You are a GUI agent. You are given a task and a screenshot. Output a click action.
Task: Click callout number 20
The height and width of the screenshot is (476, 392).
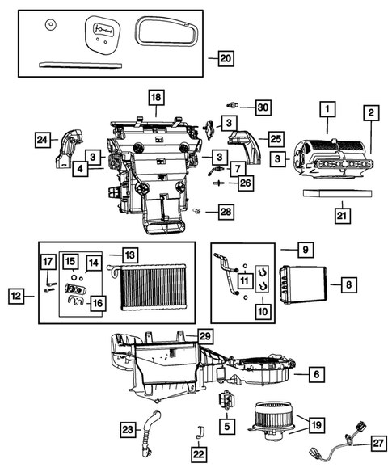(225, 58)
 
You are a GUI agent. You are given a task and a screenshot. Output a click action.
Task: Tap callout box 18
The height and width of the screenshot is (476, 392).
(154, 97)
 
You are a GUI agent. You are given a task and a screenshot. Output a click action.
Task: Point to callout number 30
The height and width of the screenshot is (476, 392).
(262, 107)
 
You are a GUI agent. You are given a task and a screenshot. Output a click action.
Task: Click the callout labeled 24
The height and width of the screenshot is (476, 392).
(42, 141)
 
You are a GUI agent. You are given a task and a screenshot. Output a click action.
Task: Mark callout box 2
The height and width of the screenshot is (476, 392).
(369, 112)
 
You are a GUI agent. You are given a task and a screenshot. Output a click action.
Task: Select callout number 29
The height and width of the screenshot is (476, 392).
(205, 335)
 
